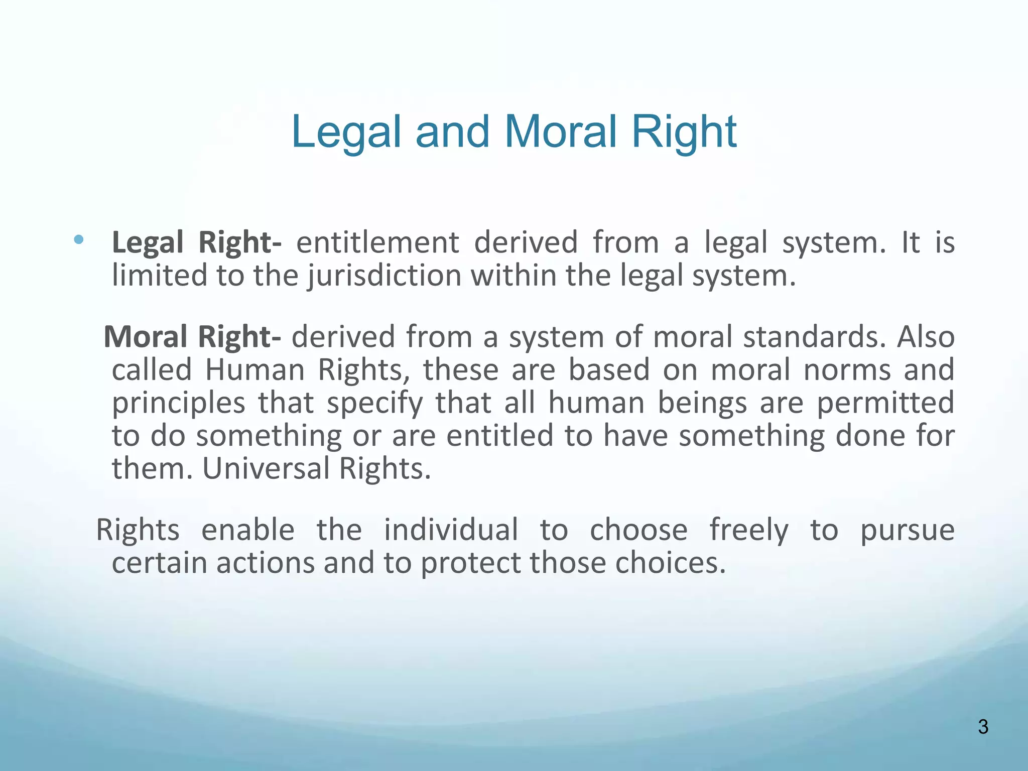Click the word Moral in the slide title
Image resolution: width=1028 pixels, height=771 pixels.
pos(560,132)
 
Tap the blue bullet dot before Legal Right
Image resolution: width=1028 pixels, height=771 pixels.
pos(79,239)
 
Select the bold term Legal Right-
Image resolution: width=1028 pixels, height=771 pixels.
pos(196,243)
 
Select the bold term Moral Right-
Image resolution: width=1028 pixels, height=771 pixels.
pos(192,336)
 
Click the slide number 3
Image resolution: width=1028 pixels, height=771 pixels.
pos(983,727)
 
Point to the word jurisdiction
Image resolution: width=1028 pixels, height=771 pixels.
pos(384,276)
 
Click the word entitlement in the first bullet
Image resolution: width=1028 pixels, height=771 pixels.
pos(377,243)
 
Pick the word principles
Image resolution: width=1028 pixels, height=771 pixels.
pos(178,404)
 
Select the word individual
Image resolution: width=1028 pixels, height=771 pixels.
pos(451,530)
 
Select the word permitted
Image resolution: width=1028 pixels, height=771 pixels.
pos(885,403)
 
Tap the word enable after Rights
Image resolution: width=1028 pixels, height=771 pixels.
pos(247,530)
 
